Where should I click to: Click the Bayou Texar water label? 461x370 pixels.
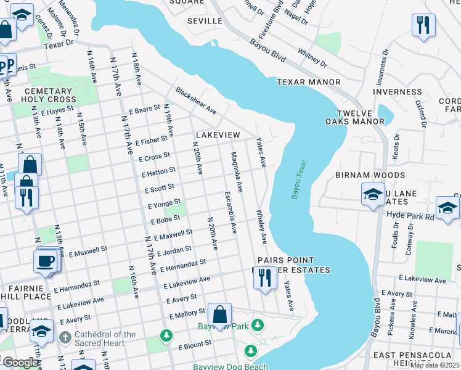coord(299,179)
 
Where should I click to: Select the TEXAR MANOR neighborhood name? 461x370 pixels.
coord(308,82)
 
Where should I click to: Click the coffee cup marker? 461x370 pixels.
coord(47,261)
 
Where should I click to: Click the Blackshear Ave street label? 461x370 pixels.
coord(196,100)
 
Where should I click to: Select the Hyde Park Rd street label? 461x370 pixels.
coord(410,216)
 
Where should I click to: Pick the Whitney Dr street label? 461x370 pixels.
coord(311,57)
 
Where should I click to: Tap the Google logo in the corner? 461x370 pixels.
coord(20,363)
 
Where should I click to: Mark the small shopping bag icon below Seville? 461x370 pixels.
coord(214,43)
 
